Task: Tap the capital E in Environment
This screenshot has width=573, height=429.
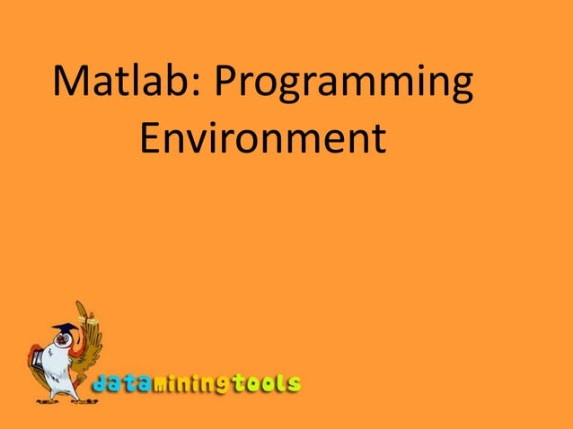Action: point(154,139)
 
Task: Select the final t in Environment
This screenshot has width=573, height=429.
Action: point(376,140)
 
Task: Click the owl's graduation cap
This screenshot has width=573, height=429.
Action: point(62,328)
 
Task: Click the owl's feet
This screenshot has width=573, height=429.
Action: point(67,396)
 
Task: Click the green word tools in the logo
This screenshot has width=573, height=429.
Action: point(266,383)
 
